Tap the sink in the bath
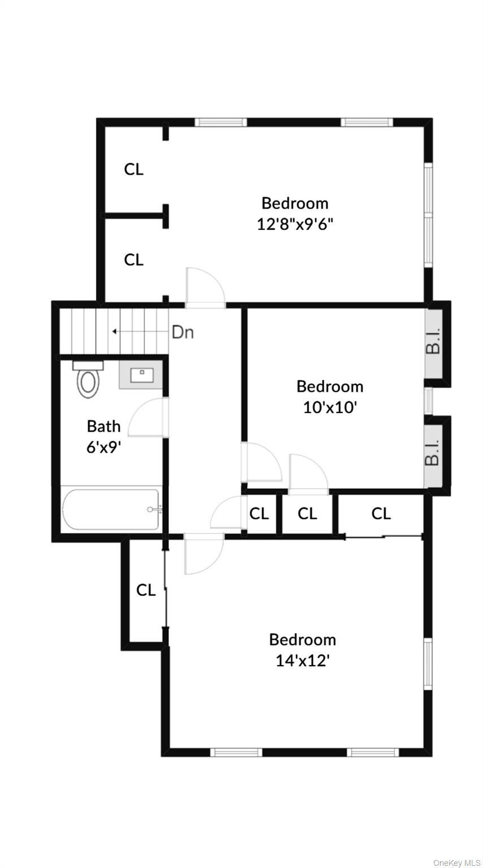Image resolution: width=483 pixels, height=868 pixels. coord(140,375)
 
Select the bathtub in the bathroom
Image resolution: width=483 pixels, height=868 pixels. coord(111,509)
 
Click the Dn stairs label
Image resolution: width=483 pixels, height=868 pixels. coord(182,332)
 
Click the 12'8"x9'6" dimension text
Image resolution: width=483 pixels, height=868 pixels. coord(295,224)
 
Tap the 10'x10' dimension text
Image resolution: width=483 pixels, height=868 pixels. coord(330,407)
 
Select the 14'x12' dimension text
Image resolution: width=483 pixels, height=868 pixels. coord(302,660)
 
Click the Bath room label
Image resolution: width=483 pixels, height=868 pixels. coord(103,426)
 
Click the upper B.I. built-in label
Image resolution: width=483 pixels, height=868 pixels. coord(433,342)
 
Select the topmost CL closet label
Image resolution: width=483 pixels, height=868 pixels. coord(134,169)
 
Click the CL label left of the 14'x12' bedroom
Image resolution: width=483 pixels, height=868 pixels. coord(146,590)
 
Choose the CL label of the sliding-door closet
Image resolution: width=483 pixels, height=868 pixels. coord(381,513)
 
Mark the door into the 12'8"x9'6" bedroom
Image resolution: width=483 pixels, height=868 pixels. coord(206,288)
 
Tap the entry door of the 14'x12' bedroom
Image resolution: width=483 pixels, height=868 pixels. coord(204,554)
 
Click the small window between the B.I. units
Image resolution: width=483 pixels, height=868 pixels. coord(428,401)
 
